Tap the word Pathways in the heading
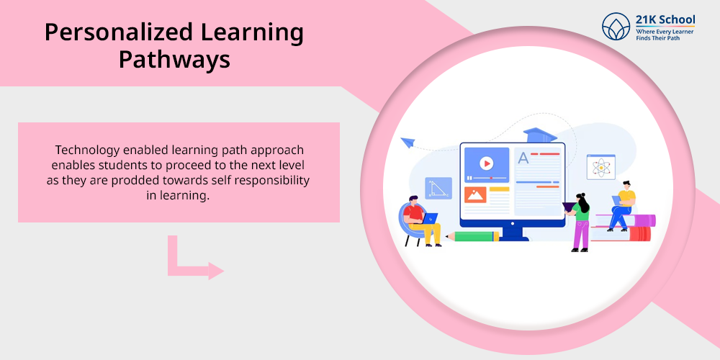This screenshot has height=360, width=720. tap(174, 60)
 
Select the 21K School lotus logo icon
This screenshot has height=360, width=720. tap(616, 26)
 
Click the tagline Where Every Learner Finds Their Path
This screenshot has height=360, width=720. tap(665, 35)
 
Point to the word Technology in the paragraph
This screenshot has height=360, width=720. tap(83, 150)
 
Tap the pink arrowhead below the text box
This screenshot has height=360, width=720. tap(216, 271)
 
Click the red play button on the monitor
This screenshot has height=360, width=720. tap(486, 163)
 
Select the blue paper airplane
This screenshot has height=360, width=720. tap(408, 143)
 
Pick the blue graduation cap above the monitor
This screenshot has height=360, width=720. tap(540, 135)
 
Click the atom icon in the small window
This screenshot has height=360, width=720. tap(600, 167)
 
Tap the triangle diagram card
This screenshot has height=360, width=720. tap(438, 188)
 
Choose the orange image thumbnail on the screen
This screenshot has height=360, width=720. tap(474, 194)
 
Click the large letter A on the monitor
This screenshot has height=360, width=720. tap(523, 158)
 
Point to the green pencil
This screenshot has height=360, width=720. tap(472, 236)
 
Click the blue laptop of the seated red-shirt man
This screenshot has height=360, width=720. tap(430, 218)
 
